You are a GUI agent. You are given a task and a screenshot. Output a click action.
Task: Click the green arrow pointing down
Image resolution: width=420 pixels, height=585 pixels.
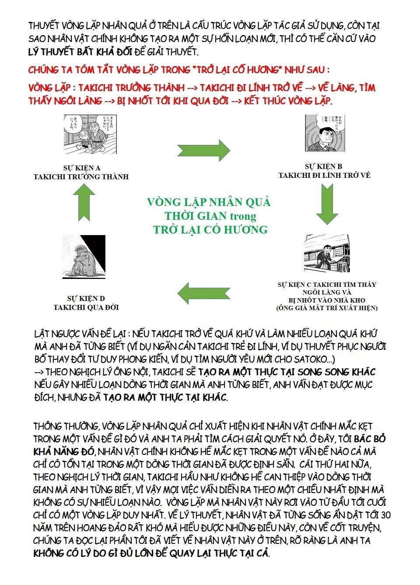pyautogui.click(x=327, y=203)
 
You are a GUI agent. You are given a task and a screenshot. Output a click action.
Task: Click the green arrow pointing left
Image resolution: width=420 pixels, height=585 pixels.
pyautogui.click(x=204, y=293)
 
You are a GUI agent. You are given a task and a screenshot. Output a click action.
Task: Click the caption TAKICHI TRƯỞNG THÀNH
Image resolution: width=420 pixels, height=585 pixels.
pyautogui.click(x=81, y=176)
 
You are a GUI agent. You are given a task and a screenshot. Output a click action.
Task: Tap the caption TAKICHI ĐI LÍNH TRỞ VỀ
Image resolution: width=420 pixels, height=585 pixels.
pyautogui.click(x=324, y=175)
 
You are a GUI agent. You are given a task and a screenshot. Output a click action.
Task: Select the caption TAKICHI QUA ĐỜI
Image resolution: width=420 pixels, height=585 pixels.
pyautogui.click(x=86, y=307)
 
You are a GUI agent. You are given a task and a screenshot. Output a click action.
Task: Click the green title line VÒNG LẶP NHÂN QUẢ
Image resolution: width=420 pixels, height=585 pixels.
pyautogui.click(x=209, y=202)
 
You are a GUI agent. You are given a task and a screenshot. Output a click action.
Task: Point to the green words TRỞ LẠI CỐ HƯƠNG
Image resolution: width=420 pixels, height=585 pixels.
pyautogui.click(x=210, y=229)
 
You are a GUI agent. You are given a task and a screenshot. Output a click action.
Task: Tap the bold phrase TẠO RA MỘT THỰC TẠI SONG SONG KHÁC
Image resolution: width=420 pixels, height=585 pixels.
pyautogui.click(x=287, y=372)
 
